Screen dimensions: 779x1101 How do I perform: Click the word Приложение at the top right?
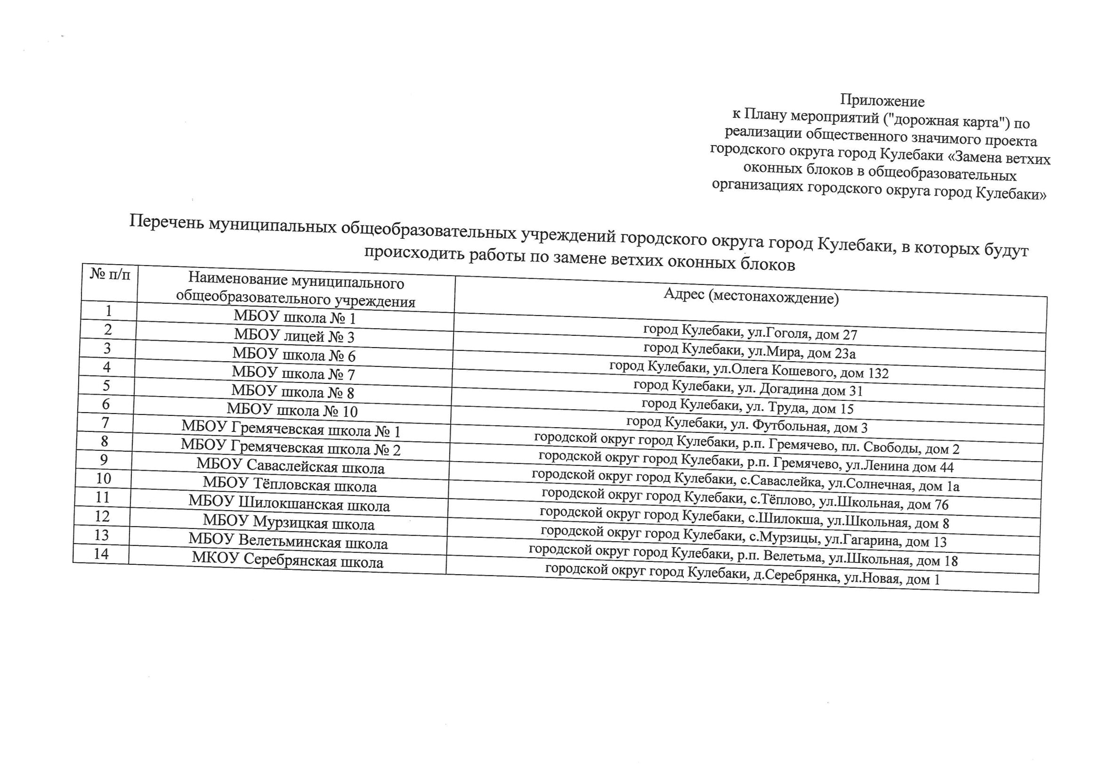(x=882, y=101)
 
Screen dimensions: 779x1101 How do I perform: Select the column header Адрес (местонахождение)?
(x=751, y=296)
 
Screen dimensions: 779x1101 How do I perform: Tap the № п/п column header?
(x=110, y=275)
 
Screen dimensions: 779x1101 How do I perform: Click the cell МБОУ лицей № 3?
(x=294, y=336)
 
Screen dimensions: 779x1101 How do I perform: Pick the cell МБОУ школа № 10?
(x=292, y=410)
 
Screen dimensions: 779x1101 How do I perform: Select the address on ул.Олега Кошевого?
(x=749, y=369)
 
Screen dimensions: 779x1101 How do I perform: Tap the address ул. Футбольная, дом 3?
(x=747, y=424)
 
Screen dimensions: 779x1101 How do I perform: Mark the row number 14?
(x=101, y=553)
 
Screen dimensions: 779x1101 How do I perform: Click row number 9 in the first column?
(x=104, y=460)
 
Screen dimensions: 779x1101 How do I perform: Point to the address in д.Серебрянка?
(x=742, y=575)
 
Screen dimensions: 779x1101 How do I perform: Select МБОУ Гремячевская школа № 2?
(x=291, y=447)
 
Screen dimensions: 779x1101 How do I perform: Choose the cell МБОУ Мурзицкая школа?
(x=288, y=522)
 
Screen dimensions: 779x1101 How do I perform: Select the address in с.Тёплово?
(x=745, y=500)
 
